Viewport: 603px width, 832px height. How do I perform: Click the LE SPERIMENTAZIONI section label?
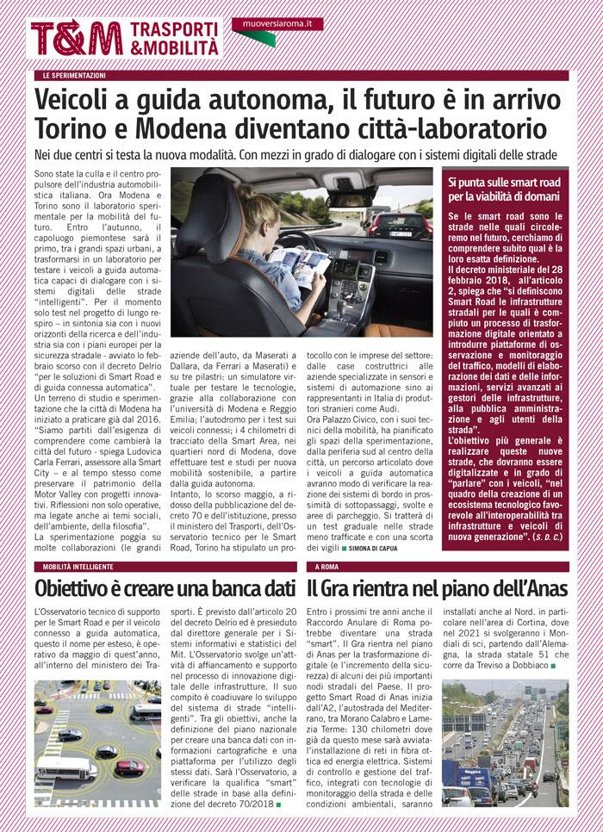click(75, 76)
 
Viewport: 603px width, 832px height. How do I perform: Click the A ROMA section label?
click(328, 567)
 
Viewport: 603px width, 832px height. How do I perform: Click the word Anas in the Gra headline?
click(540, 589)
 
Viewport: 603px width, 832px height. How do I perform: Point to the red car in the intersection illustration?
click(129, 767)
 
